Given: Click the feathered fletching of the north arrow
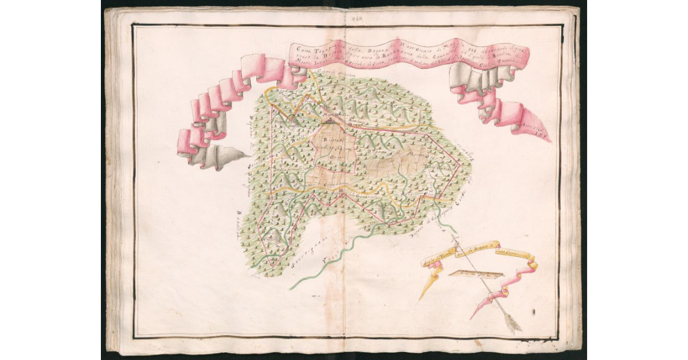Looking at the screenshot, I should pyautogui.click(x=513, y=324).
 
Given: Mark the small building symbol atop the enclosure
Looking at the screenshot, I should pyautogui.click(x=329, y=121).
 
